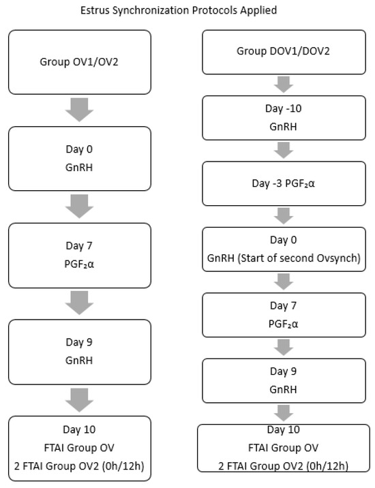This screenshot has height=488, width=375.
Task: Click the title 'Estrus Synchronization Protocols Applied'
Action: tap(187, 10)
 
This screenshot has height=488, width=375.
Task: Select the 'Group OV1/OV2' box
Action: tap(80, 62)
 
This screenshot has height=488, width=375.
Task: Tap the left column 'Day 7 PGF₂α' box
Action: tap(80, 256)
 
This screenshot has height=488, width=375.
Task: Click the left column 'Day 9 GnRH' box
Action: tap(80, 352)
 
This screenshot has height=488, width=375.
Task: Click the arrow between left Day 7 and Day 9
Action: tap(80, 303)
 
